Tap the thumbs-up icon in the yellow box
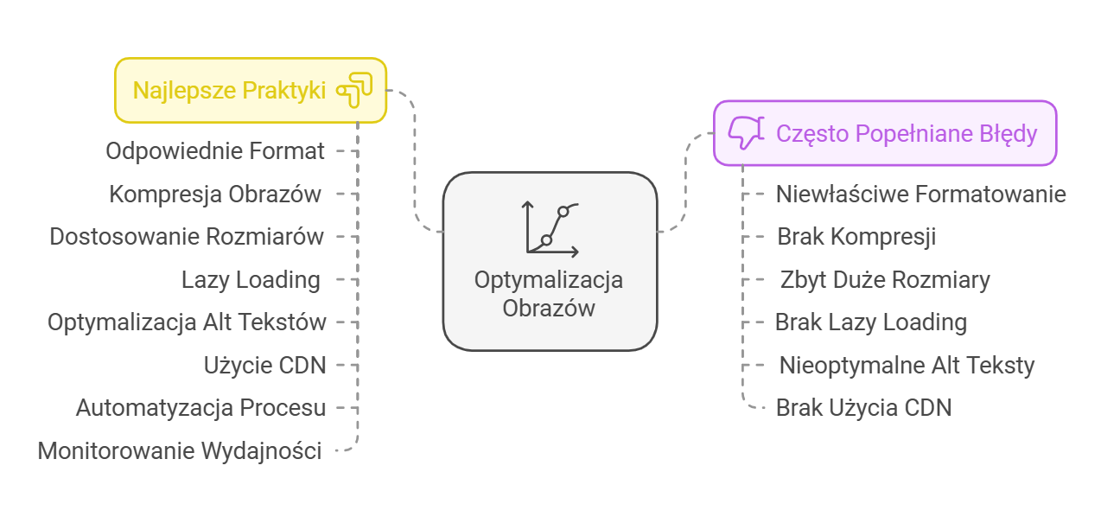[x=354, y=90]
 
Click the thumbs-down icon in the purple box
[x=745, y=133]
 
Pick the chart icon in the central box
[x=550, y=228]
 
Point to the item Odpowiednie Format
[x=215, y=151]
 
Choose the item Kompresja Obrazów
[x=215, y=195]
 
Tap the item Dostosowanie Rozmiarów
[x=187, y=237]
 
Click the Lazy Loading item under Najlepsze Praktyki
[x=251, y=280]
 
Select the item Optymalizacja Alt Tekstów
[x=187, y=322]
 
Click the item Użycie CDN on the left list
[x=264, y=366]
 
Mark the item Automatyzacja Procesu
[x=200, y=408]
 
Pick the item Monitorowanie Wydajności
[x=180, y=451]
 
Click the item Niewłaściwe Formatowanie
[x=920, y=194]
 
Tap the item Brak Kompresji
[x=856, y=237]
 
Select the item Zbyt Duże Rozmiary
[x=885, y=280]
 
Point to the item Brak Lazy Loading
[x=870, y=322]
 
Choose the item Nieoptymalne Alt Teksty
[x=907, y=366]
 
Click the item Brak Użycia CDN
[x=863, y=408]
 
